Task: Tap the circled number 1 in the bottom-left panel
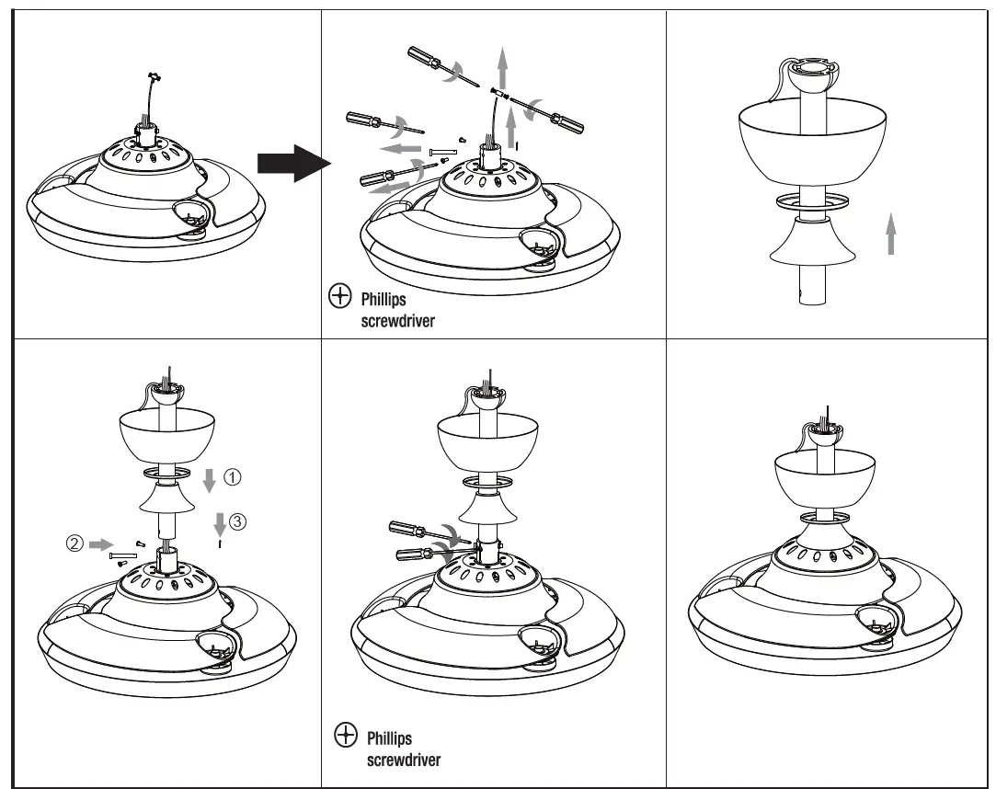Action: (234, 477)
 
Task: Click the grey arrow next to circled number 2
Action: (100, 543)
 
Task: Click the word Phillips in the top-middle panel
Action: (383, 300)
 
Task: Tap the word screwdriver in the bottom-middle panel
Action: (404, 760)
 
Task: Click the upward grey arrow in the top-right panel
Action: (889, 233)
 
